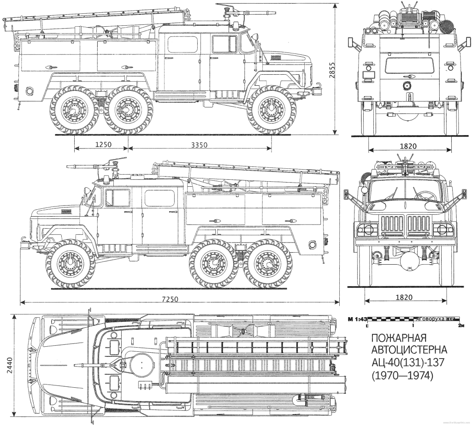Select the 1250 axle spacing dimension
pyautogui.click(x=103, y=144)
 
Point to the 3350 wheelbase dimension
pyautogui.click(x=199, y=144)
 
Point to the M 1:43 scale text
pyautogui.click(x=358, y=319)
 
